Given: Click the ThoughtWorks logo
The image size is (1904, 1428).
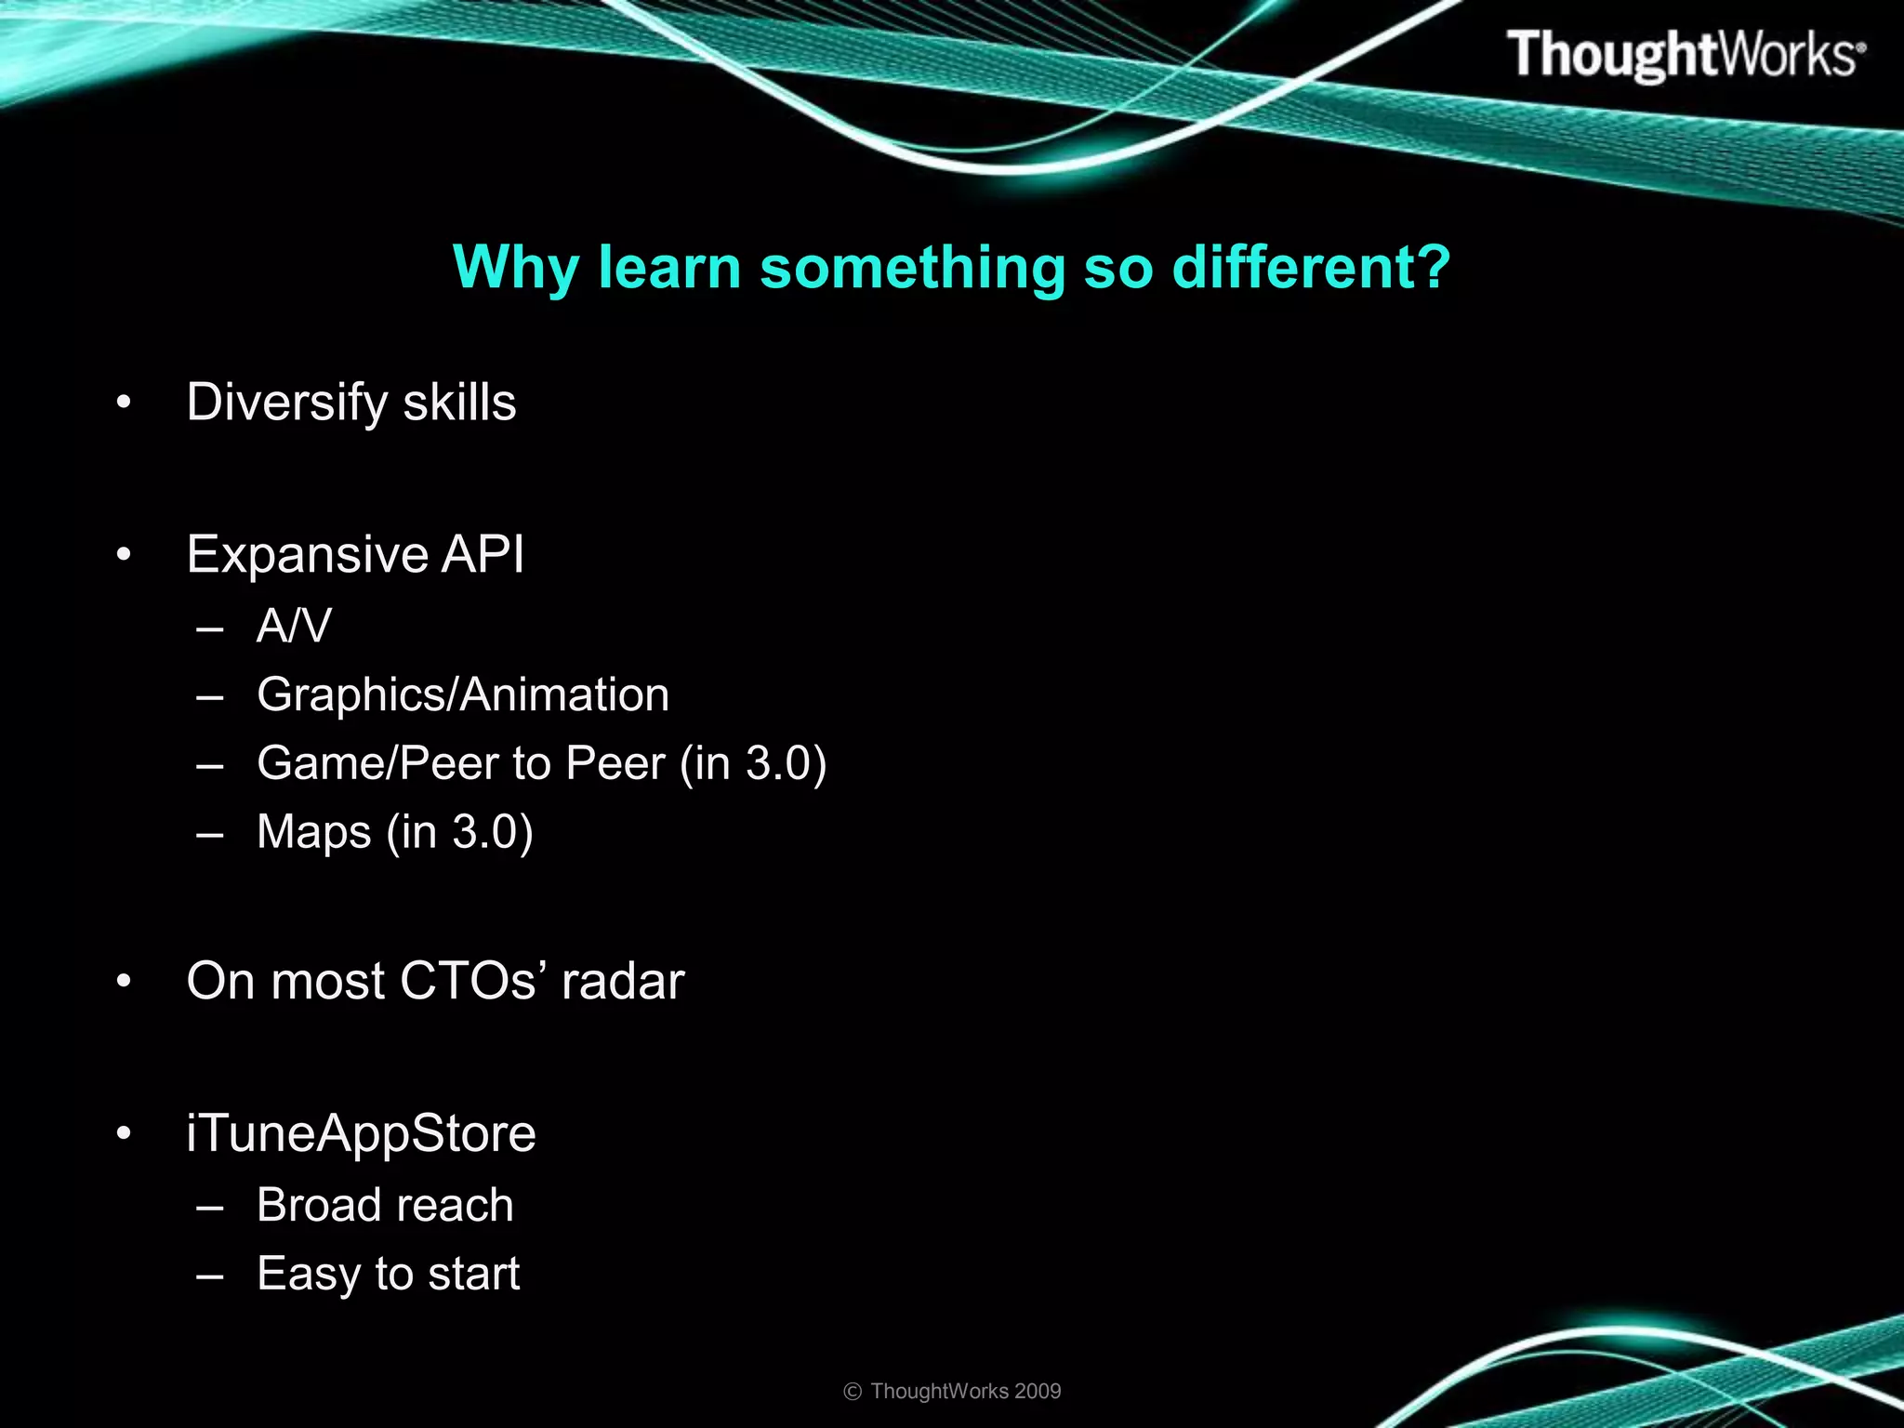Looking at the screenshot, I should pos(1685,54).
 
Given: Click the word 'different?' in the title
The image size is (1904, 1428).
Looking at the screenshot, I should pos(1311,268).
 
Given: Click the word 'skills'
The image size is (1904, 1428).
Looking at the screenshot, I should pos(459,403).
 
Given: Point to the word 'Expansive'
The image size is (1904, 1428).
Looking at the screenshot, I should pos(307,555).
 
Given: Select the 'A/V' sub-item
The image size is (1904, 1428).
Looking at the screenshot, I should pos(294,626).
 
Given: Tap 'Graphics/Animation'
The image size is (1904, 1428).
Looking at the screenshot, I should pos(463,695).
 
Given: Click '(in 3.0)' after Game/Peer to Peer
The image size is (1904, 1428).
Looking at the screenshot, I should pos(753,763).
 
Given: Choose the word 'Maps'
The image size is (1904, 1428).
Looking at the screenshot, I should pos(313,831).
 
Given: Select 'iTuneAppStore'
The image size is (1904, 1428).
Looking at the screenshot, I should pos(361,1134).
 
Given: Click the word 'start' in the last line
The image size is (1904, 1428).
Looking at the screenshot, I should pos(473,1274).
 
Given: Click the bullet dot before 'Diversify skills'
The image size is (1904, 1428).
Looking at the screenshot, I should pos(124,403).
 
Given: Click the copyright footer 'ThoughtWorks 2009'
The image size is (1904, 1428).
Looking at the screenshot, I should pos(965,1391).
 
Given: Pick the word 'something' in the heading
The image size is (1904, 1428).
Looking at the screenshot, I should pos(912,268).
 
